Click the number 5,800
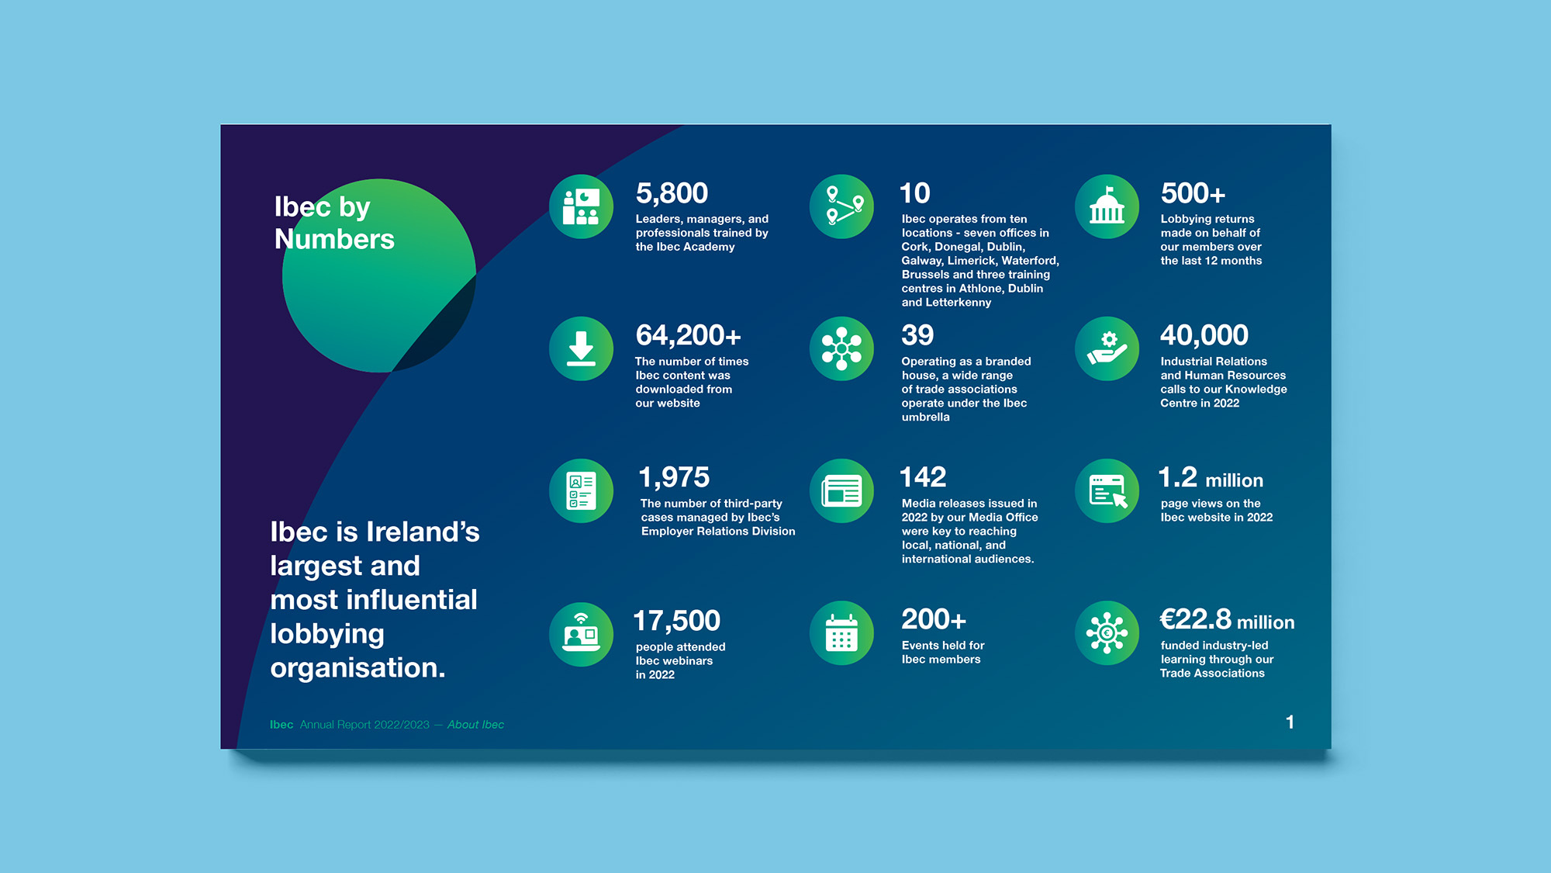(672, 193)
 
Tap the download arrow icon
(581, 348)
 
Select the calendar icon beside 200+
(841, 633)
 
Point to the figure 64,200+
(688, 335)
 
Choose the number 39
(917, 335)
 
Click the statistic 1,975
(674, 477)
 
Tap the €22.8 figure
(1195, 619)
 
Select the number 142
(923, 477)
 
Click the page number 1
(1290, 722)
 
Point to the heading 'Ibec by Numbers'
(334, 223)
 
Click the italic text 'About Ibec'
(475, 725)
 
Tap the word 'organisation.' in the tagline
(358, 668)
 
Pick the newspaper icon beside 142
(841, 491)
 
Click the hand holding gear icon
(1107, 348)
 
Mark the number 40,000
(1204, 335)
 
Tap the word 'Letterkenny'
(959, 303)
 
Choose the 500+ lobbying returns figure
(1193, 193)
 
